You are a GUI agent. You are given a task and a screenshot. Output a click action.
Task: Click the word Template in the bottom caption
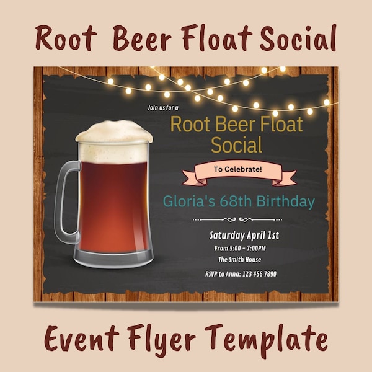tap(272, 340)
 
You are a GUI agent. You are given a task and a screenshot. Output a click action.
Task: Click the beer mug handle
tap(64, 201)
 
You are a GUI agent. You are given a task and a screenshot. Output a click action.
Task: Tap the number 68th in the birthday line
tap(239, 201)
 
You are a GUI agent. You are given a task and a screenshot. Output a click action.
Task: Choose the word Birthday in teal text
tap(288, 201)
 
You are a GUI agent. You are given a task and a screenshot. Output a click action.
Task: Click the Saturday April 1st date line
tap(244, 235)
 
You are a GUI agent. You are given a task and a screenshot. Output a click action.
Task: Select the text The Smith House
tap(239, 260)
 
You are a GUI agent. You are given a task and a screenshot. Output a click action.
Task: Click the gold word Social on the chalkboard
tap(236, 145)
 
